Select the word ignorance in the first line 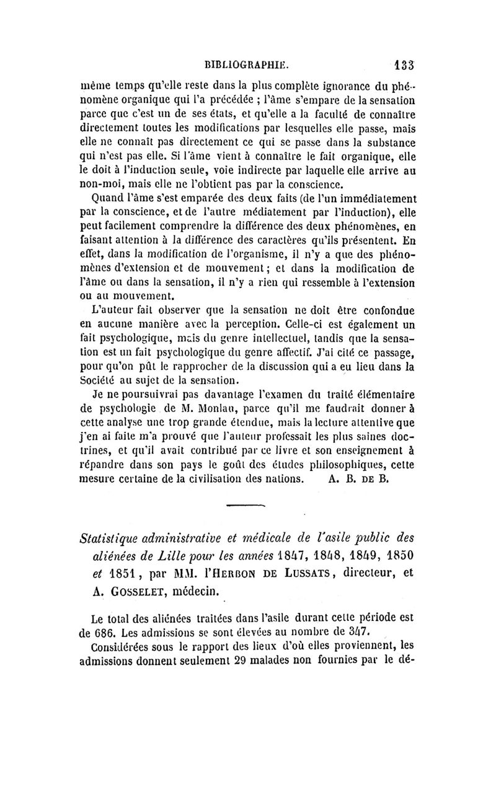327,88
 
